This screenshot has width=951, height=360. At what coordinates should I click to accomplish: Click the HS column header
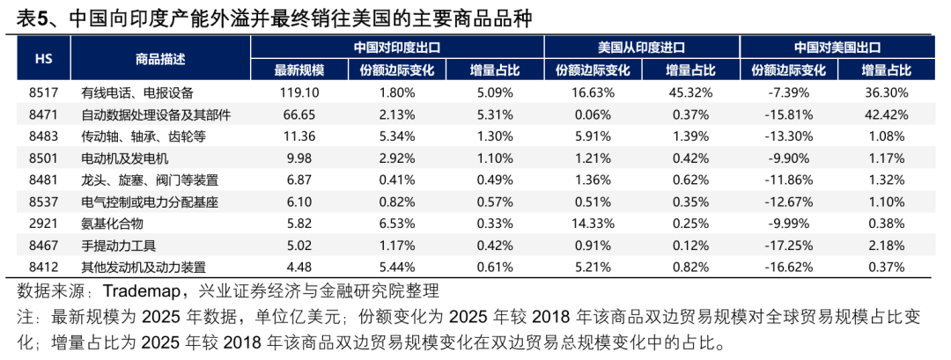coord(42,59)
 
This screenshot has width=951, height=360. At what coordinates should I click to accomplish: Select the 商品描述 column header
coord(160,59)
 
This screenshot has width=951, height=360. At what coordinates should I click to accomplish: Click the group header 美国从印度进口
coord(641,48)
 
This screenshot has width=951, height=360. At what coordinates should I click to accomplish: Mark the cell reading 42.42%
coord(885,114)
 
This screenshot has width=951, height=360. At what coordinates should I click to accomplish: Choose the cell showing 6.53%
coord(396,224)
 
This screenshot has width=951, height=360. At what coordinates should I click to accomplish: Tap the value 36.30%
coord(885,92)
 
